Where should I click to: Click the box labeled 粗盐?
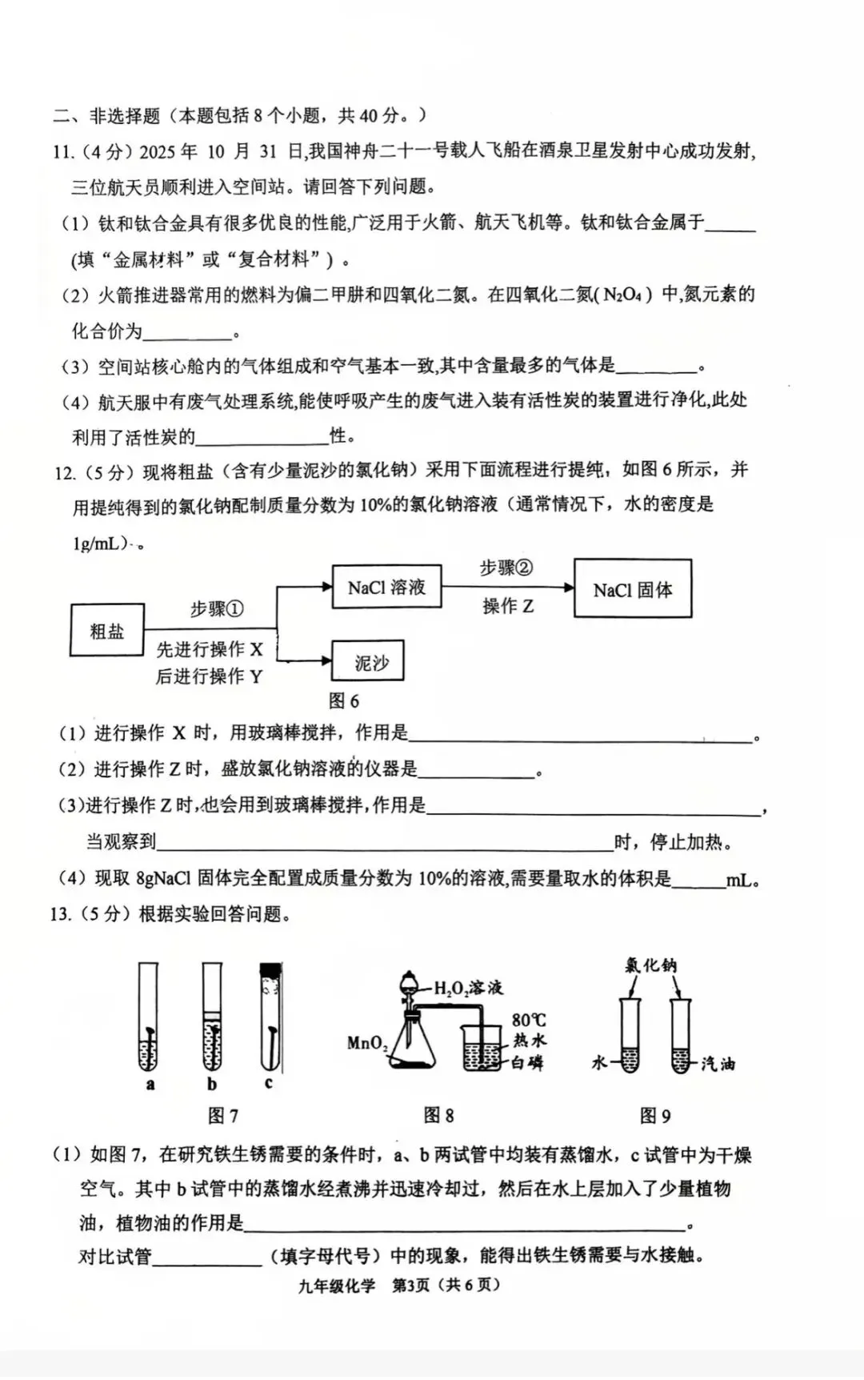tap(107, 631)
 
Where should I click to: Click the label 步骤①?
tap(216, 610)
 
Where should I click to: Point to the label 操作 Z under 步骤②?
tap(507, 607)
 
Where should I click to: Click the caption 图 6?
tap(344, 701)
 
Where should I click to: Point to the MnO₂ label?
tap(367, 1043)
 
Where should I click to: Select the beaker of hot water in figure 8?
tap(482, 1049)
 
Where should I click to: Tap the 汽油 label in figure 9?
tap(718, 1064)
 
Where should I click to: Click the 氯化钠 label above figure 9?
tap(650, 965)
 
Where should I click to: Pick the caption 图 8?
tap(438, 1115)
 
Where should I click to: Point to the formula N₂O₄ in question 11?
tap(622, 295)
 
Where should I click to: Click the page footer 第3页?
tap(411, 1286)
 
